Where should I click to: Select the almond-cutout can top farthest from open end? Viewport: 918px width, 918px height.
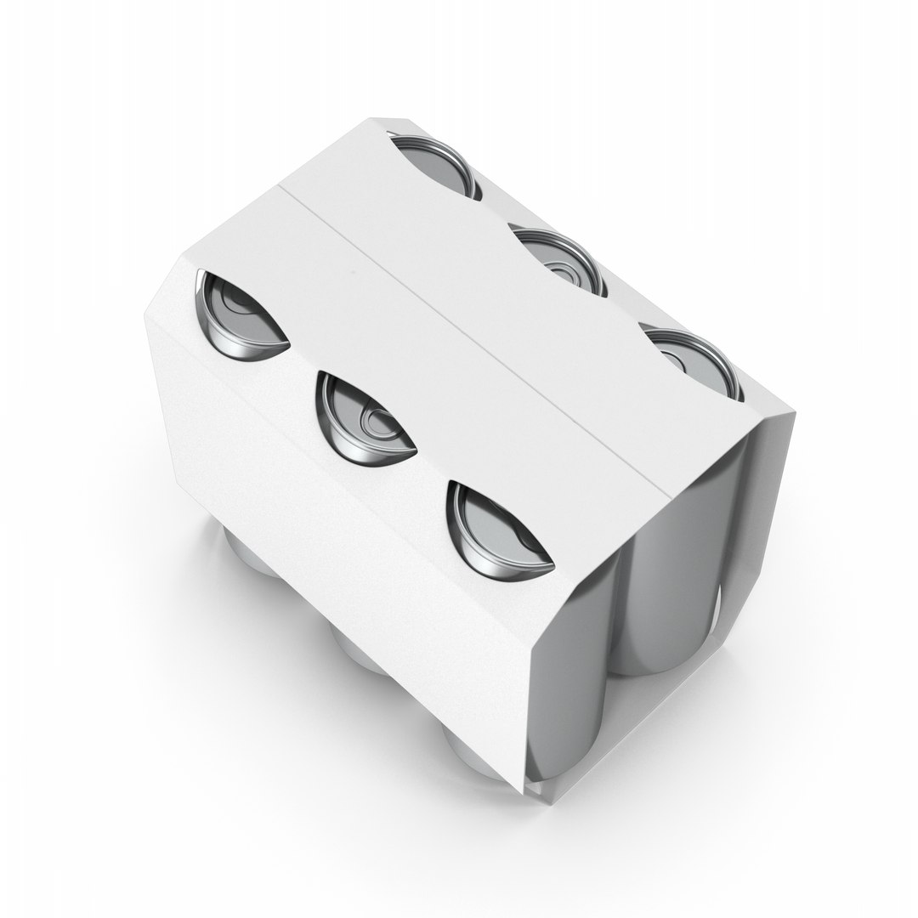click(x=238, y=315)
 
